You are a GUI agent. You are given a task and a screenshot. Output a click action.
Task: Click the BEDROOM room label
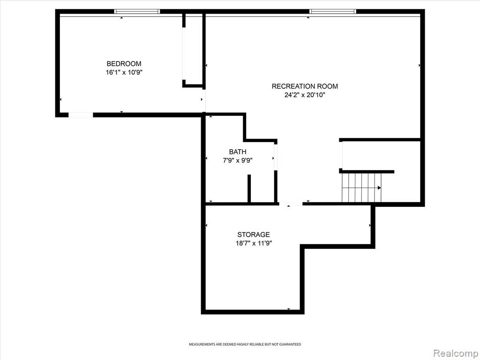tap(124, 64)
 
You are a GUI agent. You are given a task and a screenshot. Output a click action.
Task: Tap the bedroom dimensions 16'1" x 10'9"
tap(124, 73)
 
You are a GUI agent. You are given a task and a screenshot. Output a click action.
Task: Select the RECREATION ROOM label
tap(305, 86)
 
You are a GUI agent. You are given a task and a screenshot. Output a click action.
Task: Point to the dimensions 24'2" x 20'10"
tap(305, 95)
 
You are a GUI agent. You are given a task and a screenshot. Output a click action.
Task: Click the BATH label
tap(238, 151)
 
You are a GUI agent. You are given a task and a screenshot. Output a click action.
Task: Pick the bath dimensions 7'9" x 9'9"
tap(238, 160)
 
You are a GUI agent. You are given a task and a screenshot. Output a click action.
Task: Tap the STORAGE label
tap(254, 234)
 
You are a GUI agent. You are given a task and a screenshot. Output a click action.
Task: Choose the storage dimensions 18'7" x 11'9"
tap(254, 243)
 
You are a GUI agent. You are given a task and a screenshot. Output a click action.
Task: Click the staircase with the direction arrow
tap(361, 187)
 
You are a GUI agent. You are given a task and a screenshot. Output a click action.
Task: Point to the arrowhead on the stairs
tap(380, 187)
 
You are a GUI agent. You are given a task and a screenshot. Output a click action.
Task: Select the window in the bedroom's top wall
tap(137, 12)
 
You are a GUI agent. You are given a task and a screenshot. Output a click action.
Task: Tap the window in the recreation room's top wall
tap(332, 12)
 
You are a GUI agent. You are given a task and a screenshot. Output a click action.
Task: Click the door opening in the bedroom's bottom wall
tap(81, 115)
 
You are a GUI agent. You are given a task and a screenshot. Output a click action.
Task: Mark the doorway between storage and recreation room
tap(291, 203)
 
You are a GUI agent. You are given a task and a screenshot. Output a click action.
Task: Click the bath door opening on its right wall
tap(276, 157)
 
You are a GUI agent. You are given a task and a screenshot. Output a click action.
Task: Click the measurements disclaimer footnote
tap(245, 345)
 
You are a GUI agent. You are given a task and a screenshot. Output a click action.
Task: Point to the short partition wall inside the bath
tap(249, 188)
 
